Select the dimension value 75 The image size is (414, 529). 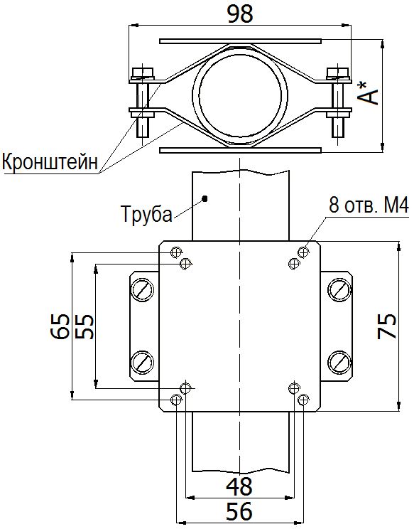click(386, 326)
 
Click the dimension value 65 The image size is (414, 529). click(60, 326)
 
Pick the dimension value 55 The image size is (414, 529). click(84, 326)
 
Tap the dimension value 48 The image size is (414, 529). click(239, 486)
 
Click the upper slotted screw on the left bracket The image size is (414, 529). click(142, 292)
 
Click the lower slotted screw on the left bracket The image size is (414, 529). click(142, 361)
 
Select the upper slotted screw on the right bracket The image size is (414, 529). click(339, 290)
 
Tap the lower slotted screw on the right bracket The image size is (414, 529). click(339, 361)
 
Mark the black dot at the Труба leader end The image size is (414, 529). click(204, 198)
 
